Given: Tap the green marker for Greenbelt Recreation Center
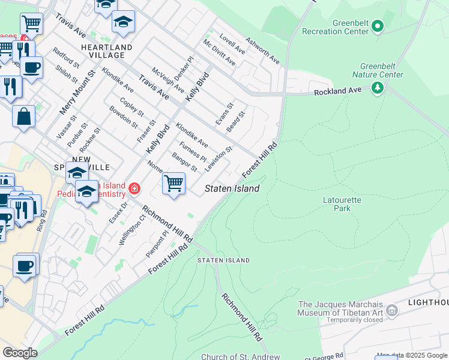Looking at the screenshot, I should pyautogui.click(x=378, y=27).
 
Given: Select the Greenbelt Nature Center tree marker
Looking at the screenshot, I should pyautogui.click(x=378, y=88).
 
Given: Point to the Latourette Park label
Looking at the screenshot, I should pyautogui.click(x=337, y=204).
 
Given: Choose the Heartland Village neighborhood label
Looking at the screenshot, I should pyautogui.click(x=107, y=51).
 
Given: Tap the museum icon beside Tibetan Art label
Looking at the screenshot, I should pyautogui.click(x=392, y=310).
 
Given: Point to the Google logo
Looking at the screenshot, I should pyautogui.click(x=20, y=352).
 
